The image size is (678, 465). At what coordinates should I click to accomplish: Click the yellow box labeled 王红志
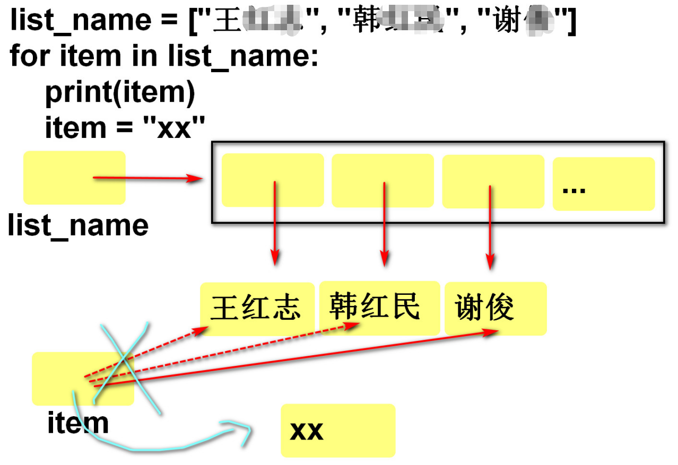(x=257, y=309)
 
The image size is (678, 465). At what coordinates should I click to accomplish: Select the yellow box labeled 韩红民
(x=379, y=308)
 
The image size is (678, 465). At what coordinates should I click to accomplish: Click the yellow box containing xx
(x=338, y=431)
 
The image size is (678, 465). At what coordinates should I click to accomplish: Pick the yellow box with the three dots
(x=604, y=183)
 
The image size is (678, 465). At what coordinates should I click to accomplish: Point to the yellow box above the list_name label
(x=74, y=178)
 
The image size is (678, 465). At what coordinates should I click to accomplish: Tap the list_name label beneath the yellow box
(x=78, y=225)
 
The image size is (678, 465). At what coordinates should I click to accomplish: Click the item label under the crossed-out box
(x=78, y=423)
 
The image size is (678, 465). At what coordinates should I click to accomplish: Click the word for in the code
(x=30, y=56)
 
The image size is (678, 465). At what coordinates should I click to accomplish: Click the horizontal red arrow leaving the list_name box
(x=149, y=179)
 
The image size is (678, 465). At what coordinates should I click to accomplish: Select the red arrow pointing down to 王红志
(x=275, y=223)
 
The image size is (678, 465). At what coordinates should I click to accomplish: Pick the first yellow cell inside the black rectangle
(x=273, y=180)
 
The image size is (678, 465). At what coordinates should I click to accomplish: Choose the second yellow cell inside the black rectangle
(x=383, y=180)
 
